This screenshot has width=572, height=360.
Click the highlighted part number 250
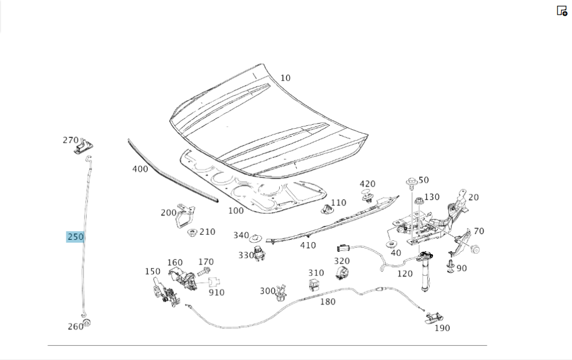click(x=75, y=237)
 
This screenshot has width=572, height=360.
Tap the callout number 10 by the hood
click(x=285, y=78)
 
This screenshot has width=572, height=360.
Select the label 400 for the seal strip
click(x=140, y=169)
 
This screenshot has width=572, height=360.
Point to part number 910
click(x=216, y=292)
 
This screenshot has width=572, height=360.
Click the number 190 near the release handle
click(x=442, y=328)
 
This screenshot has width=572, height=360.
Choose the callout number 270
click(x=70, y=140)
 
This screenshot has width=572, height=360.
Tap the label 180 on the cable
click(x=328, y=302)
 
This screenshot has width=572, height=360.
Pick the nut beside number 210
click(x=192, y=232)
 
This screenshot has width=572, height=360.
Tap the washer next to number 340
click(x=255, y=236)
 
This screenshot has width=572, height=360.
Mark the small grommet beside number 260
click(x=87, y=323)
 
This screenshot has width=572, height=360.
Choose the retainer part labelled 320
click(x=342, y=272)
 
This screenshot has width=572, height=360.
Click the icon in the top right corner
click(x=562, y=10)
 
